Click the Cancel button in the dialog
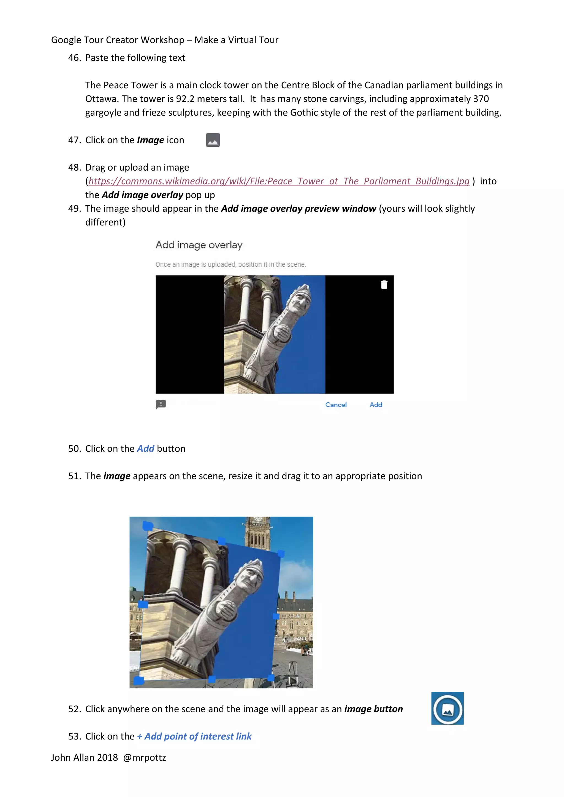(336, 405)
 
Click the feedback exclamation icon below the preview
(161, 404)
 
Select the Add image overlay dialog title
(199, 245)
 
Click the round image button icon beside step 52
(447, 708)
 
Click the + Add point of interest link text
(194, 736)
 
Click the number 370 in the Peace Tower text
(481, 99)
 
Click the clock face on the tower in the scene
(258, 520)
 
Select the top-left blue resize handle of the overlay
(147, 526)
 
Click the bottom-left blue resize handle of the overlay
(139, 680)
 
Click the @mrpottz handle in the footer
(145, 757)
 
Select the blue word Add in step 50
(145, 449)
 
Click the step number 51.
(74, 476)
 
